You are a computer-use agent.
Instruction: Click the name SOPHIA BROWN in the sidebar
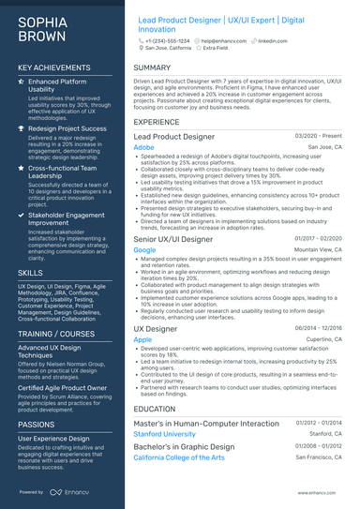point(41,28)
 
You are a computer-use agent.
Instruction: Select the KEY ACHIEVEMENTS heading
point(55,67)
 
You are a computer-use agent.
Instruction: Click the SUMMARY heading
point(152,67)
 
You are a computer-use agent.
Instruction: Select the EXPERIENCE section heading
point(157,122)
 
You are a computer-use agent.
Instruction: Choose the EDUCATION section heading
point(155,409)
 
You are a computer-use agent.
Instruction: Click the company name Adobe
point(144,147)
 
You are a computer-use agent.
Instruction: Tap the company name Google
point(145,250)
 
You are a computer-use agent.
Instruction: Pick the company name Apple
point(143,338)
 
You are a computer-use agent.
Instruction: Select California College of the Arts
point(179,457)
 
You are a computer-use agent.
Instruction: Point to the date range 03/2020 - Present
point(319,137)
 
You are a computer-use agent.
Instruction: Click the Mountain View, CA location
point(317,250)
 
